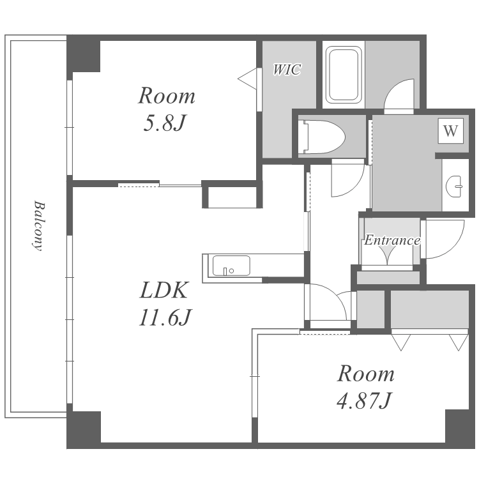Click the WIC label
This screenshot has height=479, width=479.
[x=287, y=70]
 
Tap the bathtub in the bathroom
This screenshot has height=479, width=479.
[x=344, y=75]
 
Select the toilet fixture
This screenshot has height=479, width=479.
[x=321, y=137]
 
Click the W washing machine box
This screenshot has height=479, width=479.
[x=451, y=131]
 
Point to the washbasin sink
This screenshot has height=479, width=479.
[x=454, y=186]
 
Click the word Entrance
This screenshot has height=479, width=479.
[x=392, y=240]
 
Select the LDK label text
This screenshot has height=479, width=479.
[x=163, y=290]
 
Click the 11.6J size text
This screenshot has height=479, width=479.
[x=165, y=317]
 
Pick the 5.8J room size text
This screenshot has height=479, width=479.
[x=165, y=123]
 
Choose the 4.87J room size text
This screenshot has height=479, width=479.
[x=364, y=400]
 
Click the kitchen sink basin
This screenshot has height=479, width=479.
[x=231, y=266]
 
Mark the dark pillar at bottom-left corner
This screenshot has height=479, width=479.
[x=84, y=427]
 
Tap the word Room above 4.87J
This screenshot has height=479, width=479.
[x=366, y=374]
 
